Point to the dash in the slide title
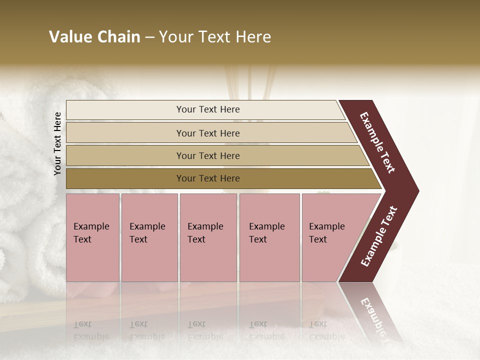coord(149,37)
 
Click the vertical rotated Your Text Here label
coord(57,143)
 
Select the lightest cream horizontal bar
coord(207,109)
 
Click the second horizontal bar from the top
coord(207,133)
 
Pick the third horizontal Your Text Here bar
coord(207,155)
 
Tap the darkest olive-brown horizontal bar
coord(207,178)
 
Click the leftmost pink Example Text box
coord(92,237)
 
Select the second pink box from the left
coord(149,237)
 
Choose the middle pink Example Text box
coord(208,237)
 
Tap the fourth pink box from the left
coord(269,237)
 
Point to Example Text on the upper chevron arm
coord(377,142)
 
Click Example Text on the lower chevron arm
coord(379,236)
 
